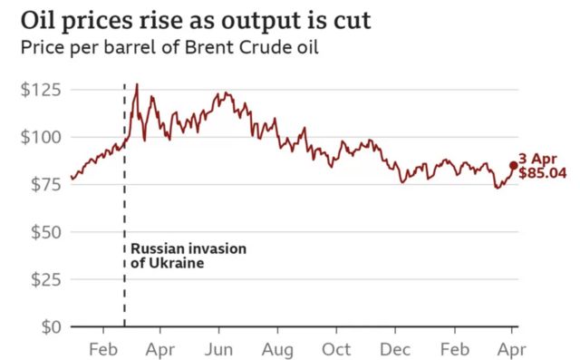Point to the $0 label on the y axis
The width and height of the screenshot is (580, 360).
pyautogui.click(x=53, y=326)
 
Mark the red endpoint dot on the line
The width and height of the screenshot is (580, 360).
pyautogui.click(x=514, y=165)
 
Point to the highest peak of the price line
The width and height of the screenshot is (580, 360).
pyautogui.click(x=136, y=84)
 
